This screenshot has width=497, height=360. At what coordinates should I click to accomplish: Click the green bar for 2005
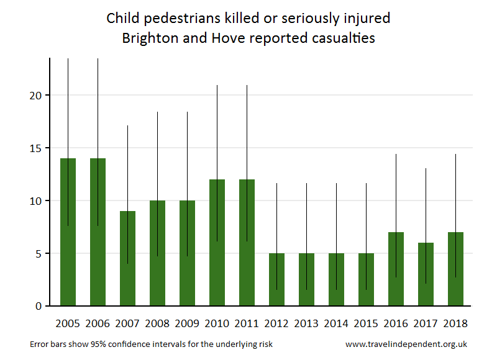pyautogui.click(x=68, y=232)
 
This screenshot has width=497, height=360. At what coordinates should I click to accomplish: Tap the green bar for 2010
pyautogui.click(x=217, y=243)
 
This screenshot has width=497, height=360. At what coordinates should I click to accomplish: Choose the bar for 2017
pyautogui.click(x=426, y=274)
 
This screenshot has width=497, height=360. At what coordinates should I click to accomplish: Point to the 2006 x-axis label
pyautogui.click(x=98, y=323)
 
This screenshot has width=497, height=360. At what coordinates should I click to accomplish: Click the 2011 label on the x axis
pyautogui.click(x=247, y=323)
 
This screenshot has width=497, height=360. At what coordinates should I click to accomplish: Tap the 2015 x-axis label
pyautogui.click(x=366, y=323)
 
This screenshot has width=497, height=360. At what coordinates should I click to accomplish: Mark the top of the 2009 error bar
pyautogui.click(x=187, y=112)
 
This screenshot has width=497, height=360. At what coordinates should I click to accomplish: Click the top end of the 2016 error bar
pyautogui.click(x=396, y=155)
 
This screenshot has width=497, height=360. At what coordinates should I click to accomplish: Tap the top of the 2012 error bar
pyautogui.click(x=276, y=184)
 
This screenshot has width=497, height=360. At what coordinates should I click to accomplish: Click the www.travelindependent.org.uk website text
pyautogui.click(x=406, y=344)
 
